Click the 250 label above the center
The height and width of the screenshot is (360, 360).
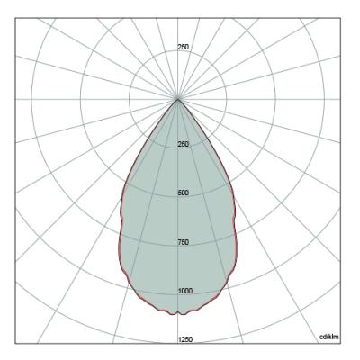tap(184, 47)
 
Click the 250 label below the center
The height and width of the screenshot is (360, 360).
tap(184, 144)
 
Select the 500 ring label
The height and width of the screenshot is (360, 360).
tap(184, 193)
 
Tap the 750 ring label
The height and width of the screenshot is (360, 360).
tap(184, 242)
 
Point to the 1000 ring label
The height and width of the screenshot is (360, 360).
tap(185, 291)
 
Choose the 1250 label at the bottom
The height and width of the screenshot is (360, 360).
tap(185, 339)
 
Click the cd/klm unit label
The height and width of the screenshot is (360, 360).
tap(329, 337)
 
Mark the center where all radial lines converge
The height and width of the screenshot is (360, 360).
tap(178, 99)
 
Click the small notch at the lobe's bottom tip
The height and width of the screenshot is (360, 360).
tap(178, 312)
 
